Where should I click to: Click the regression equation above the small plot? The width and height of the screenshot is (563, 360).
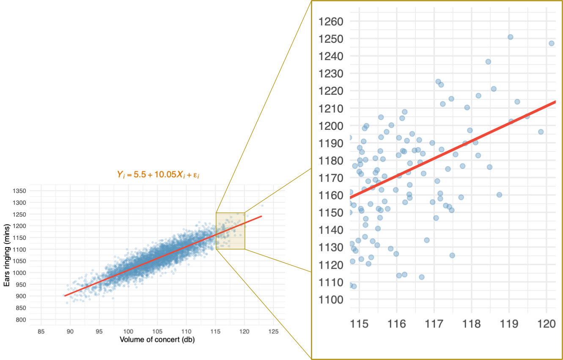coord(158,174)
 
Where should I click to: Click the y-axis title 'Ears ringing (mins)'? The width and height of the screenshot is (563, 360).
coord(7,255)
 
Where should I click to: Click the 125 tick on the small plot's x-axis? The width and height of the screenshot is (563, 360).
coord(273,331)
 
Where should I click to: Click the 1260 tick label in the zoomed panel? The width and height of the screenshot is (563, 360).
coord(331,22)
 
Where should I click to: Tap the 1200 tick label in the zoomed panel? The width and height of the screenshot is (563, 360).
coord(331,126)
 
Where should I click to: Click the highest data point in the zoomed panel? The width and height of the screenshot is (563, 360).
coord(510,37)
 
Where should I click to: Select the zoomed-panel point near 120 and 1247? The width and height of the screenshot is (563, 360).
coord(551,43)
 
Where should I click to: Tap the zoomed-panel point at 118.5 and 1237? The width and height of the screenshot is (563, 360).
coord(488,62)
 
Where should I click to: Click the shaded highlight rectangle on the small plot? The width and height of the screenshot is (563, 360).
coord(231,231)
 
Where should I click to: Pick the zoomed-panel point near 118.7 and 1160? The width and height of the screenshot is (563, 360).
coord(499,195)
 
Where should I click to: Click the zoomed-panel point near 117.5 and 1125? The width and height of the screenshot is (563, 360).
coord(452,256)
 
